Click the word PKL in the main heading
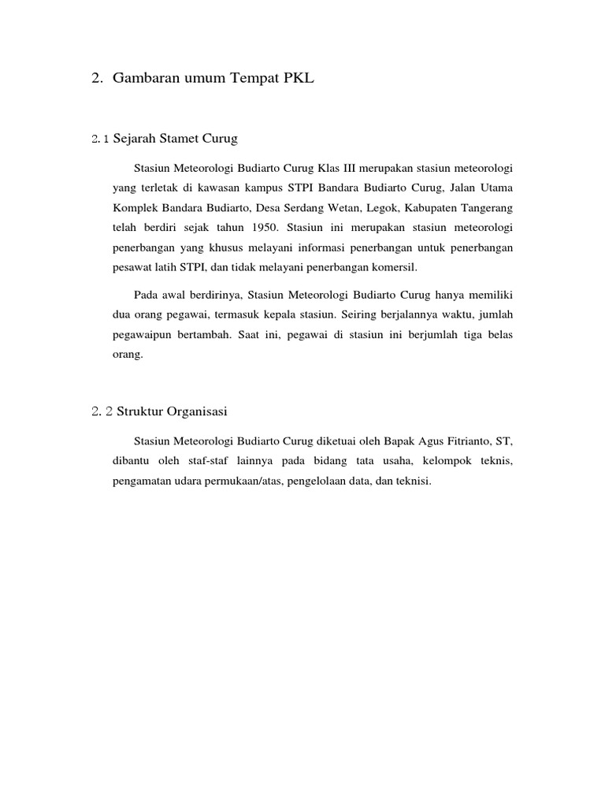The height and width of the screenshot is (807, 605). coord(299,78)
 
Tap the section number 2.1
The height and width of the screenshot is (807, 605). coord(100,139)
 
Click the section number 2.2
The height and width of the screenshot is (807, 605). coord(102,411)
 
